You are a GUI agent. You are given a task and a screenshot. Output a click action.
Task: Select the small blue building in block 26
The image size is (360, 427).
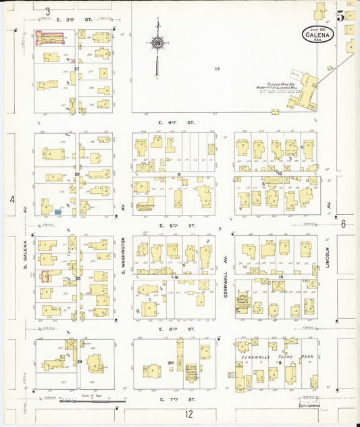pos(58,212)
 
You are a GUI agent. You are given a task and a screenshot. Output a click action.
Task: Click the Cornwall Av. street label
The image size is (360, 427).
pos(225,267)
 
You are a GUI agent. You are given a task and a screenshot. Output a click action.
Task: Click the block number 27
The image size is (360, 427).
pos(77,68)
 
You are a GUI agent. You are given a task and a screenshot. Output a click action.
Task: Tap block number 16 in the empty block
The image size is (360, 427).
pos(217,68)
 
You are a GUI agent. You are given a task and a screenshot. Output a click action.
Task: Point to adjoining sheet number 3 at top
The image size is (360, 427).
pos(47,11)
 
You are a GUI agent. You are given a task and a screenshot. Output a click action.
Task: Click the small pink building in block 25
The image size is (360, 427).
pos(45,276)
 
